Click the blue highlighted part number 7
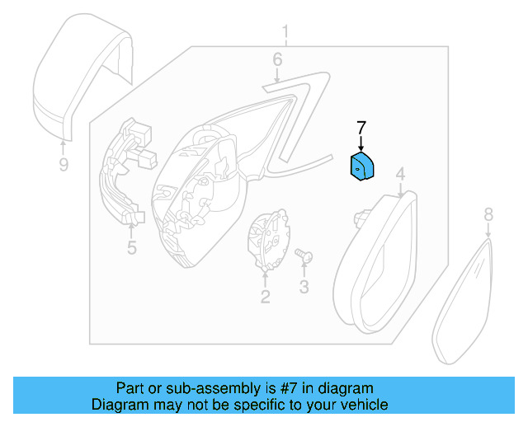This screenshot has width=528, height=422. click(x=362, y=166)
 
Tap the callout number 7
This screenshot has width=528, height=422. click(x=361, y=129)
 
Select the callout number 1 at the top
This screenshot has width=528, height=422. click(x=285, y=32)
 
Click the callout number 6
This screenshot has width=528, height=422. click(x=277, y=59)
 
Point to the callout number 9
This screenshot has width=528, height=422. click(x=64, y=165)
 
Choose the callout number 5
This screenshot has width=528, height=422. click(x=132, y=247)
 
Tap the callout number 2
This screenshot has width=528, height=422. click(x=266, y=297)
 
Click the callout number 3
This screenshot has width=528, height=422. click(x=304, y=287)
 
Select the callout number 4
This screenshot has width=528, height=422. click(x=400, y=174)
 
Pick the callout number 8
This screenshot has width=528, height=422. click(x=488, y=214)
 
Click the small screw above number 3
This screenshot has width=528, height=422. click(x=304, y=256)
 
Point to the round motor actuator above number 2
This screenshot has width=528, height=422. click(x=268, y=239)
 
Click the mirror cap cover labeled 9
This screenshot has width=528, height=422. click(x=82, y=77)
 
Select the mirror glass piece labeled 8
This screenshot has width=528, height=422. click(x=462, y=301)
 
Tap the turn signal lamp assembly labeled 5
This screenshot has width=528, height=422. click(x=125, y=171)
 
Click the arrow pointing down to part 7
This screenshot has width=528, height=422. click(x=361, y=143)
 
